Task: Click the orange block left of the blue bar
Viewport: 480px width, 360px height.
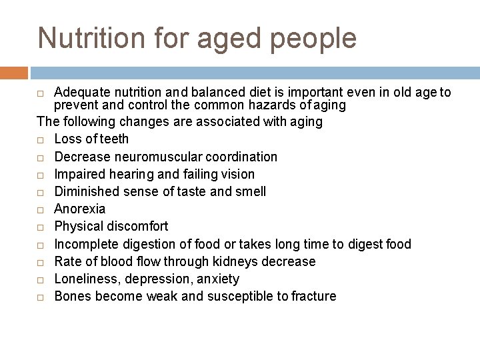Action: (x=14, y=73)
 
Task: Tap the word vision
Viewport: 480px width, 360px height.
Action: (x=236, y=174)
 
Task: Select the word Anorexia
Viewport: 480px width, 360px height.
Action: (x=79, y=209)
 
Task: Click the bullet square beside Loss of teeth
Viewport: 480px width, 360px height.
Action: (x=41, y=140)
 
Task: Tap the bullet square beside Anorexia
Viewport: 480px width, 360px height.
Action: (x=41, y=209)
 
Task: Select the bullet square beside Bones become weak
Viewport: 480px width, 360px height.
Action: (x=41, y=297)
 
